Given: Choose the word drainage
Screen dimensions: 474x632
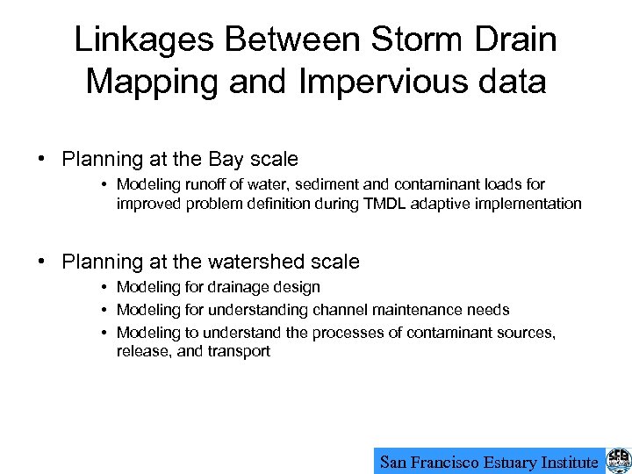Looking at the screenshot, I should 233,287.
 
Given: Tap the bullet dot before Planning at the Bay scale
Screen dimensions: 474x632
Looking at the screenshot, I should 42,160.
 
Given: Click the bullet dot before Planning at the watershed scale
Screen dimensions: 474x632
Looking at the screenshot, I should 42,262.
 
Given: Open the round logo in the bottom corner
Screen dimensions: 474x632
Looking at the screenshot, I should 618,461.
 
